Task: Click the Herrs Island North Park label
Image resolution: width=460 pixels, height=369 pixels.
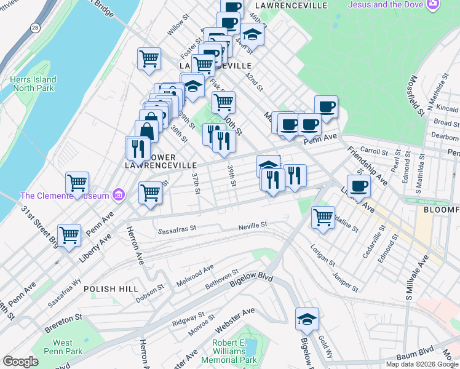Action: click(x=33, y=84)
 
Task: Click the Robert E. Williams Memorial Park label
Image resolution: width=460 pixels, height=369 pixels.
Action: click(x=234, y=351)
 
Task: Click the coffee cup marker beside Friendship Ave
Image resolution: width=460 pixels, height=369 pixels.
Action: click(x=359, y=185)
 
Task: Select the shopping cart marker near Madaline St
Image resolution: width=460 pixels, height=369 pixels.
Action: click(x=323, y=216)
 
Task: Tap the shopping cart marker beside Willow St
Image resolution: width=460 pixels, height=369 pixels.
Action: click(x=149, y=59)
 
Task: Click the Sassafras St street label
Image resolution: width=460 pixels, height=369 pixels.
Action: click(x=176, y=232)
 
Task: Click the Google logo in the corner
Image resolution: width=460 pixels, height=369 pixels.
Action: click(x=20, y=362)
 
